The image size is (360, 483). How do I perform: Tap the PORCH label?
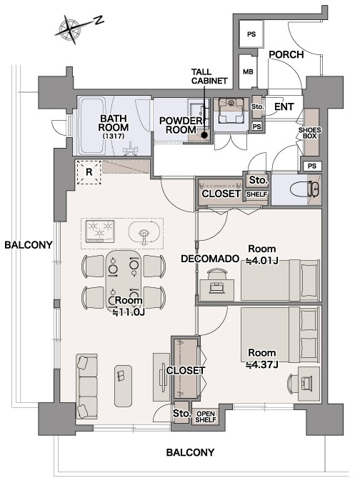pos(286,54)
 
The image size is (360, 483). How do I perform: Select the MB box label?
pos(248,71)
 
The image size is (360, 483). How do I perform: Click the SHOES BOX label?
pos(309,133)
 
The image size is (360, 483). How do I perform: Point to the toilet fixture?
pos(306,189)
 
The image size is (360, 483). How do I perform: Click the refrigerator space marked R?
pos(89,172)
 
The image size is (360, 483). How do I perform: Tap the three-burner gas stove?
pos(100,231)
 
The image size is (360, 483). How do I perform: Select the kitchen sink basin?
pos(144,233)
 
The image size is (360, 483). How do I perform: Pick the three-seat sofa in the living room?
pos(87,387)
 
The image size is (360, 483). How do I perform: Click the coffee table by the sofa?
pos(123,386)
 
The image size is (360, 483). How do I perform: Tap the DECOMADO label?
pos(210,259)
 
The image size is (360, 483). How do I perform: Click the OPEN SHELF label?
pos(206,417)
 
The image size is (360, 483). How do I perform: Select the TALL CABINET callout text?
pos(209,76)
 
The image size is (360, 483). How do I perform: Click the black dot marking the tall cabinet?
pos(204,134)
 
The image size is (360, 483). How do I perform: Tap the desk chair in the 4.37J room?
pos(293,383)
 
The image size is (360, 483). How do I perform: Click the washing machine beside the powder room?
pos(231,110)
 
